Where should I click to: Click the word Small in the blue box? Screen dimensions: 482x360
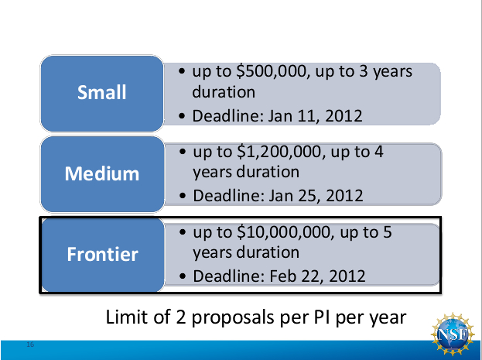[x=102, y=92]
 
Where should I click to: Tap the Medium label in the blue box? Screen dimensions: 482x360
[x=102, y=173]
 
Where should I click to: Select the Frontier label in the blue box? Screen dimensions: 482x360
[x=102, y=254]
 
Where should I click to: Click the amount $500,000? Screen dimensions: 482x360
[x=272, y=71]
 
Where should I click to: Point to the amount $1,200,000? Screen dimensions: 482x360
[x=281, y=152]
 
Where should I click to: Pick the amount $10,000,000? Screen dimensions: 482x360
[x=285, y=232]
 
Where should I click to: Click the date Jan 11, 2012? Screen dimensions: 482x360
[x=315, y=116]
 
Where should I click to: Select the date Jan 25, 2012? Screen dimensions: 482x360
[x=316, y=196]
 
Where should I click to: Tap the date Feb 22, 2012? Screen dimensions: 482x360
[x=317, y=276]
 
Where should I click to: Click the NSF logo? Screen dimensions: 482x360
[x=453, y=334]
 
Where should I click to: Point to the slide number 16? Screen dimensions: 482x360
[x=30, y=345]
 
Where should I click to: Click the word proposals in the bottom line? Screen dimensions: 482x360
[x=233, y=317]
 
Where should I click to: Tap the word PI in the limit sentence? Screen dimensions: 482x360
[x=322, y=317]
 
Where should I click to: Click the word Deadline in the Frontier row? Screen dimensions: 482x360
[x=229, y=276]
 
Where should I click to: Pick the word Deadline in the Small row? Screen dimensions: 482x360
[x=227, y=115]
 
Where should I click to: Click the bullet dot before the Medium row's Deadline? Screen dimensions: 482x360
[x=183, y=196]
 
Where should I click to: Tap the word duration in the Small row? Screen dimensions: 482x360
[x=224, y=91]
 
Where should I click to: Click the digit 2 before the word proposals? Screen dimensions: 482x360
[x=181, y=317]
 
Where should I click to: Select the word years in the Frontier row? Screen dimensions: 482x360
[x=213, y=253]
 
